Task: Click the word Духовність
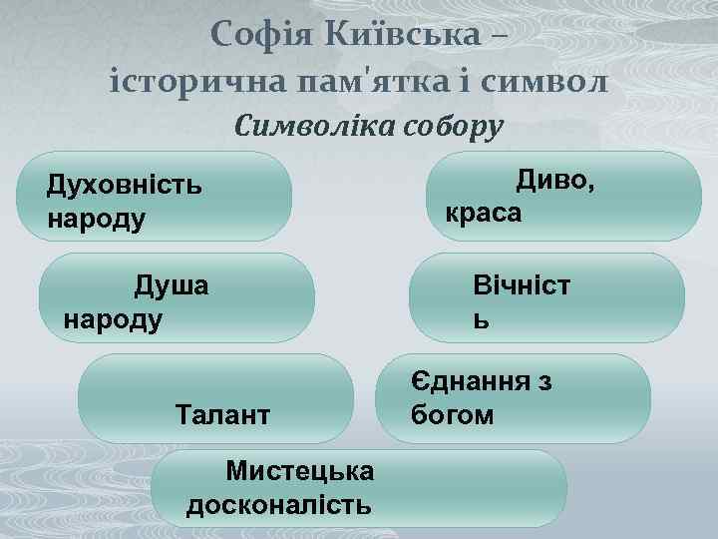(125, 186)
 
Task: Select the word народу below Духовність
(96, 218)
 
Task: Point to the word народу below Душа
(112, 319)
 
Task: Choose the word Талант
(221, 413)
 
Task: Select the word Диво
(553, 181)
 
